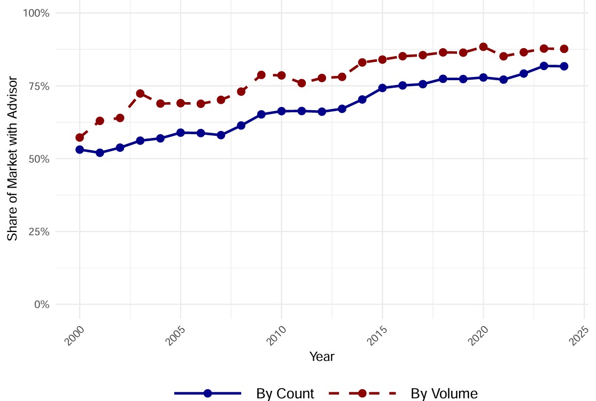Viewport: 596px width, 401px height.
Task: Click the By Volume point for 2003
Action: (140, 94)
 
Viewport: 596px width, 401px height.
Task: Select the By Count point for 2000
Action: (80, 150)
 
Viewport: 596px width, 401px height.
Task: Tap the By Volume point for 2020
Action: (483, 47)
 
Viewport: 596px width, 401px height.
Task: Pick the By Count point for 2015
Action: (382, 88)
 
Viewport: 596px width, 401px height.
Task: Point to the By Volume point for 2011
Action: (301, 83)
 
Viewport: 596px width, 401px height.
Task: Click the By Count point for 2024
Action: (564, 66)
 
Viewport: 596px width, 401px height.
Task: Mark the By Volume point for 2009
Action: (261, 75)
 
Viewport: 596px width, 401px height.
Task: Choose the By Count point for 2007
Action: (221, 135)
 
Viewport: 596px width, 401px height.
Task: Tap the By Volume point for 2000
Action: (80, 137)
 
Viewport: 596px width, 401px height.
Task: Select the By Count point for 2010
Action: (281, 111)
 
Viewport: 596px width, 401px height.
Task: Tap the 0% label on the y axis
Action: (42, 304)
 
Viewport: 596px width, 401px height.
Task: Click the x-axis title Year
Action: (322, 357)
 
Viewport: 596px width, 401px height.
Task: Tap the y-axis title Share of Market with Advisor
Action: (13, 158)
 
